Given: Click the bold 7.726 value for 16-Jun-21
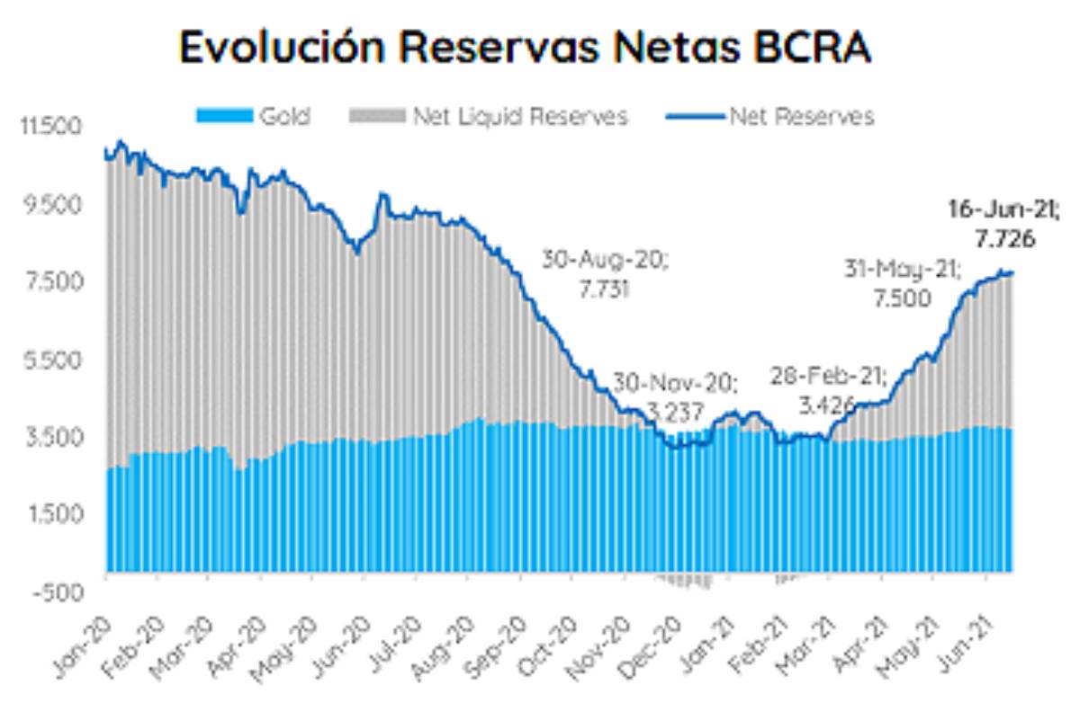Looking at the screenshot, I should [1003, 239].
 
